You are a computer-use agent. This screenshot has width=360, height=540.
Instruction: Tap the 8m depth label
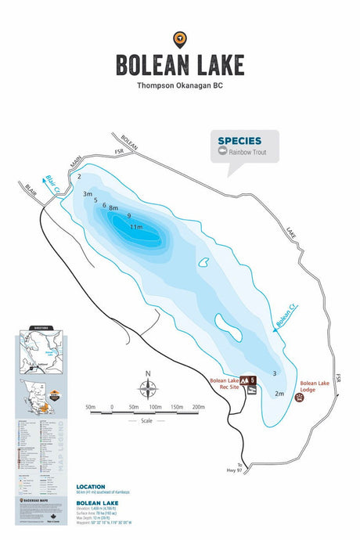click(x=113, y=208)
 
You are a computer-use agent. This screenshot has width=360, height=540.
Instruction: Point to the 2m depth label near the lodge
click(x=279, y=394)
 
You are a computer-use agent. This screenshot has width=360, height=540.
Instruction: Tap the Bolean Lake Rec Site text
click(x=224, y=386)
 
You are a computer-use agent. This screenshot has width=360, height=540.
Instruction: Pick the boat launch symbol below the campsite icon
click(x=253, y=391)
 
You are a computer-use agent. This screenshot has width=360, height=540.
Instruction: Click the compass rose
click(x=146, y=388)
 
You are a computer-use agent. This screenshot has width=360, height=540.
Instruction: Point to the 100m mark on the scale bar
click(x=155, y=408)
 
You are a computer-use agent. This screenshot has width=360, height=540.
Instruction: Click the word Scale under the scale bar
click(x=146, y=421)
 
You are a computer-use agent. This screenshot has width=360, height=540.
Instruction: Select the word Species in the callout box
click(x=239, y=141)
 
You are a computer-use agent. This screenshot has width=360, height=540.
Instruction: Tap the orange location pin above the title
click(x=180, y=38)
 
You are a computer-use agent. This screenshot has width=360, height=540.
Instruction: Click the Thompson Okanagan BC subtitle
click(x=180, y=85)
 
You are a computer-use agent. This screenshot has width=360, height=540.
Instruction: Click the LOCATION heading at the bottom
click(x=92, y=486)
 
